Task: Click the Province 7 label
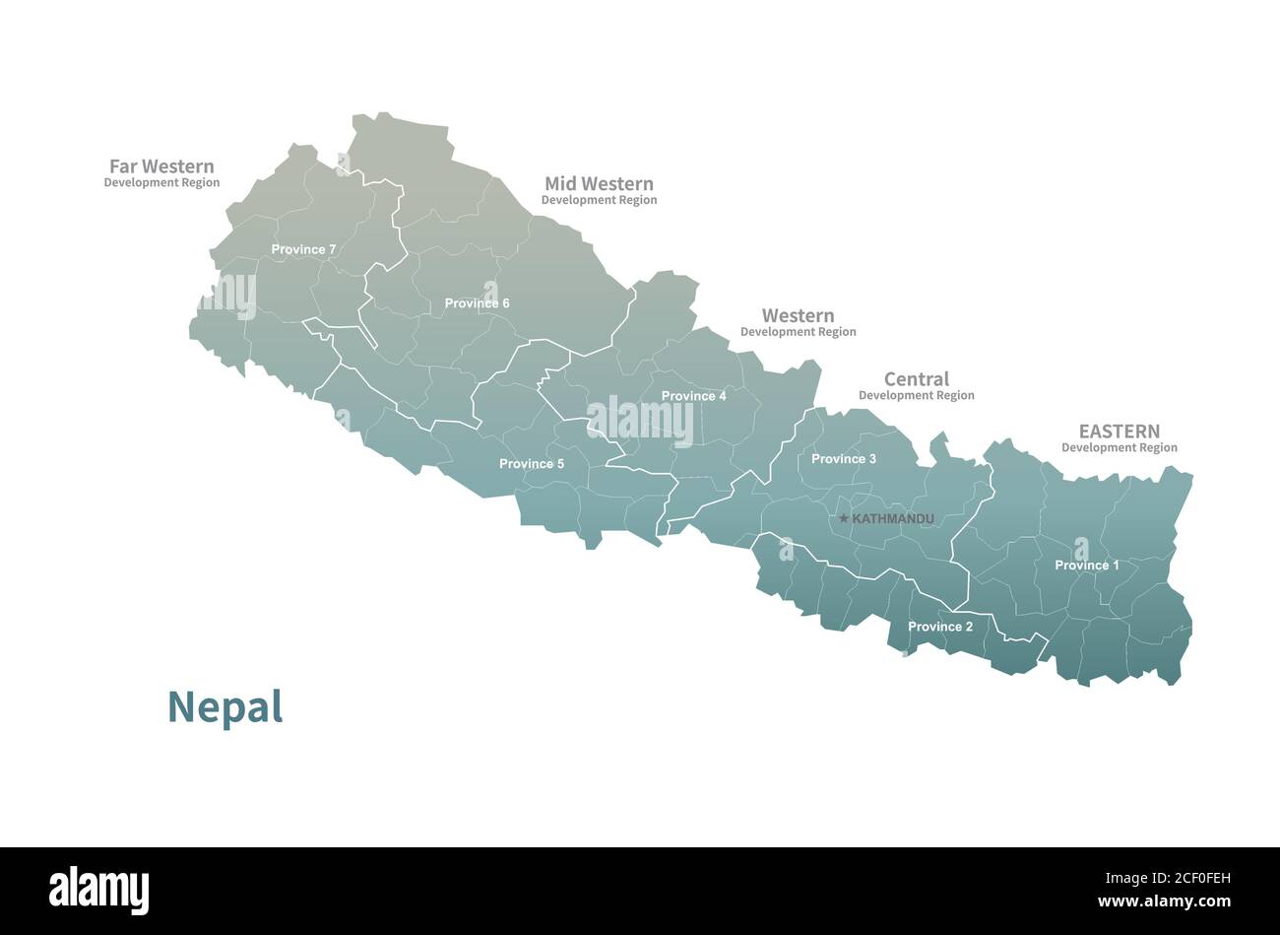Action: pyautogui.click(x=303, y=249)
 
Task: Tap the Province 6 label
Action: pyautogui.click(x=477, y=303)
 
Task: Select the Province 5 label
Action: pyautogui.click(x=532, y=464)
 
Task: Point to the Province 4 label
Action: pyautogui.click(x=693, y=396)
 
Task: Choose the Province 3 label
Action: pyautogui.click(x=843, y=459)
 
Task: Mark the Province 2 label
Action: pyautogui.click(x=939, y=627)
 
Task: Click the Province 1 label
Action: pyautogui.click(x=1086, y=566)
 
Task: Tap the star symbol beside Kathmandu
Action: pyautogui.click(x=843, y=518)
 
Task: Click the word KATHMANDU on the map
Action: pyautogui.click(x=892, y=518)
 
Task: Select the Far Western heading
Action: pyautogui.click(x=161, y=167)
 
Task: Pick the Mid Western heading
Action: pyautogui.click(x=599, y=183)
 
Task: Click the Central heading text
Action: pyautogui.click(x=916, y=378)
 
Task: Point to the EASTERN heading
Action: pyautogui.click(x=1119, y=431)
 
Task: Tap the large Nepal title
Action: pyautogui.click(x=224, y=706)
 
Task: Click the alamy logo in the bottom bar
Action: pyautogui.click(x=98, y=891)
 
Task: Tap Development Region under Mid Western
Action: pyautogui.click(x=599, y=200)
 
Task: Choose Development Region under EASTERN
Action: pyautogui.click(x=1119, y=447)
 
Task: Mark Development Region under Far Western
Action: pyautogui.click(x=161, y=182)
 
